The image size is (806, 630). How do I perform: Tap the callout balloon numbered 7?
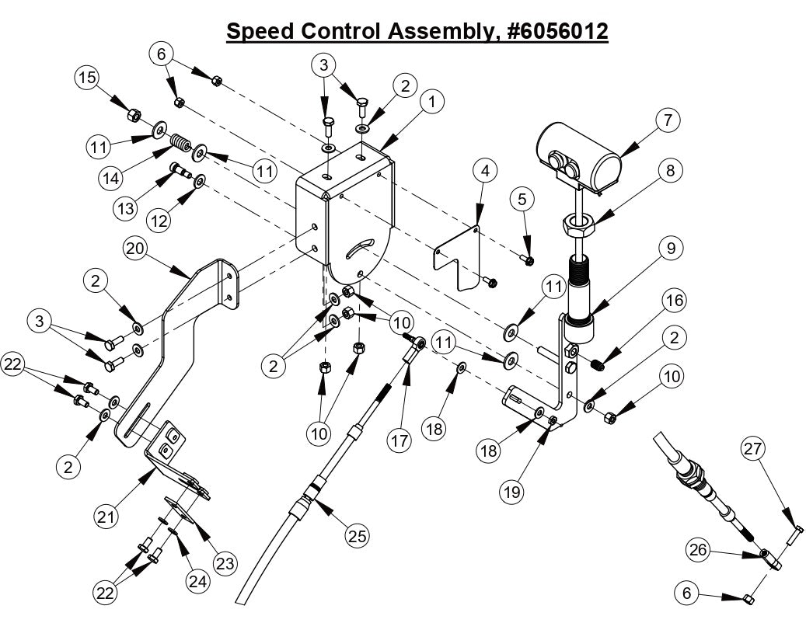point(667,120)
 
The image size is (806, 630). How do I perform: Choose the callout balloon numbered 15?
point(88,79)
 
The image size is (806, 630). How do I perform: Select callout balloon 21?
point(107,514)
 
